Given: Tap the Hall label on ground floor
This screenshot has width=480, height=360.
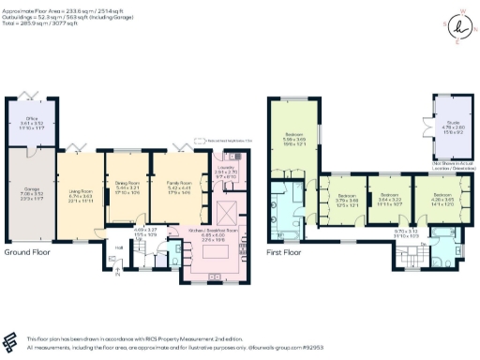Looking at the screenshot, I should (x=119, y=247).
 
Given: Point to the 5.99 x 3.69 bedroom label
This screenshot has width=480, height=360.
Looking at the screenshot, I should (x=293, y=139).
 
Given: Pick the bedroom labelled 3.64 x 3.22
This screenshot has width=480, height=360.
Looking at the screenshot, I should (x=390, y=200).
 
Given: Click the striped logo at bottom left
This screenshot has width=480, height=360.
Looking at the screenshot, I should (x=11, y=340).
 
